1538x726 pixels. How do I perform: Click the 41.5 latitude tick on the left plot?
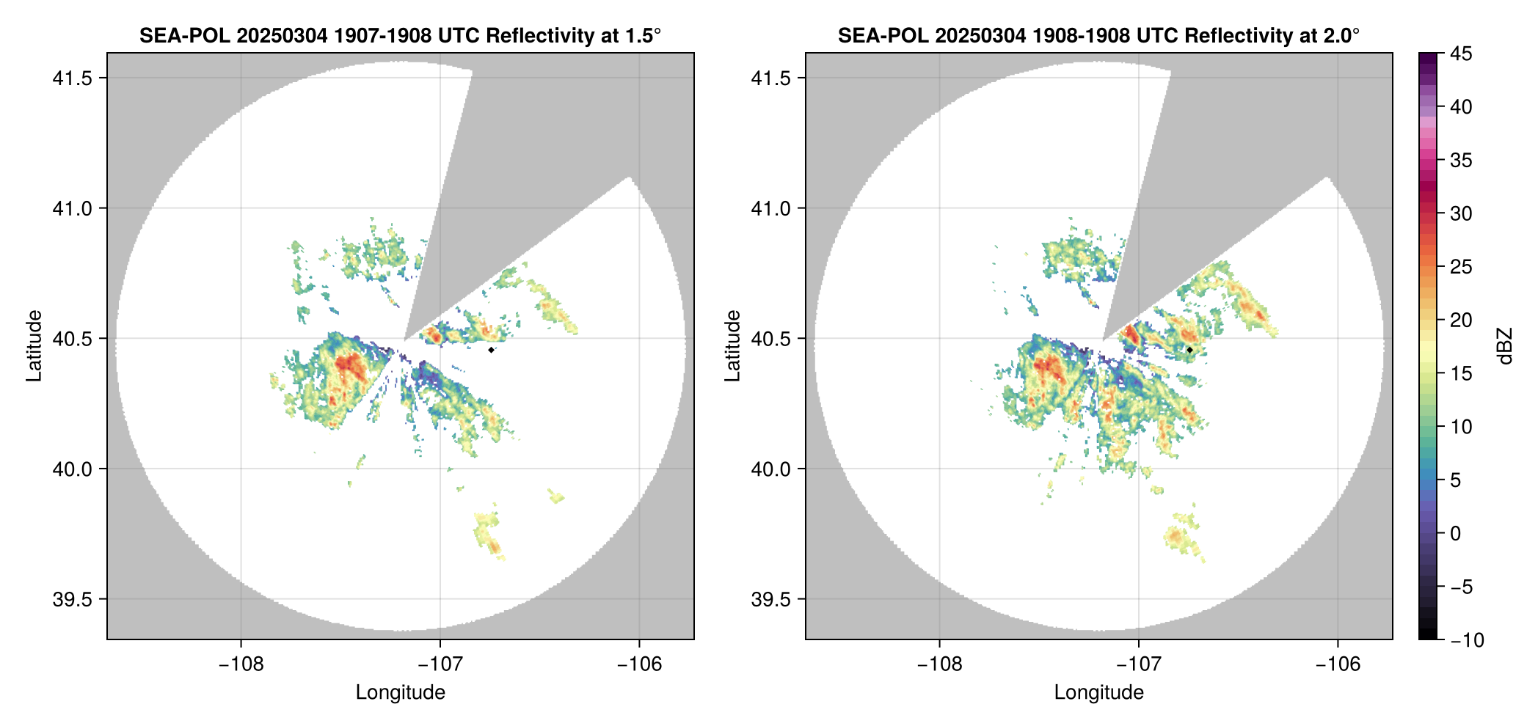coord(73,78)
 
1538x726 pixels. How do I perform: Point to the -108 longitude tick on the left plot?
coord(241,664)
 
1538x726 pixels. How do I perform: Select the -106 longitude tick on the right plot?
coord(1338,664)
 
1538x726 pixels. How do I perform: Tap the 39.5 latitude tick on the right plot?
coord(771,600)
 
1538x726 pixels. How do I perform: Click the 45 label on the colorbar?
coord(1460,54)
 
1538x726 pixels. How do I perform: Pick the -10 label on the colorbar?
coord(1467,641)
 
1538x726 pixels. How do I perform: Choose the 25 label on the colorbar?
coord(1460,268)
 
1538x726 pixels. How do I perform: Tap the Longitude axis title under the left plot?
coord(400,693)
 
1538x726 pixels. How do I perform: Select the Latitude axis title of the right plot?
coord(732,346)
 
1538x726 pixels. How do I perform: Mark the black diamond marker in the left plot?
coord(491,350)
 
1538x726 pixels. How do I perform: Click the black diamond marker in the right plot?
coord(1189,350)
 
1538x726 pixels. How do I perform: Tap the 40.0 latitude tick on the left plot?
coord(73,469)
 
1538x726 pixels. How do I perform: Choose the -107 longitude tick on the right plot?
coord(1139,664)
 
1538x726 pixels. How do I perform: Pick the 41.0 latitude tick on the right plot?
coord(771,209)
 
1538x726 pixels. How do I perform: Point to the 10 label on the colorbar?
coord(1460,428)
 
